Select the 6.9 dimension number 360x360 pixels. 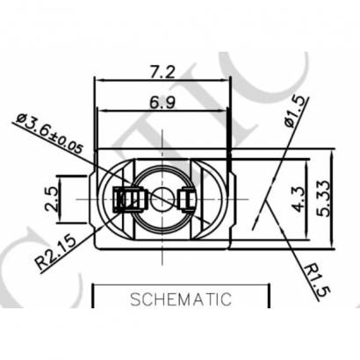[160, 103]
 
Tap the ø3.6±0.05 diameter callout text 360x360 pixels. [50, 133]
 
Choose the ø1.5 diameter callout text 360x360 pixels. [296, 112]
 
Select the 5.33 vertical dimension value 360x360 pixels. [324, 199]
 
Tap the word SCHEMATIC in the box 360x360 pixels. [181, 299]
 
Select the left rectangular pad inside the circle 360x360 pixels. [128, 199]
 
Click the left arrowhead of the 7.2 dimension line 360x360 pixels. [98, 81]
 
